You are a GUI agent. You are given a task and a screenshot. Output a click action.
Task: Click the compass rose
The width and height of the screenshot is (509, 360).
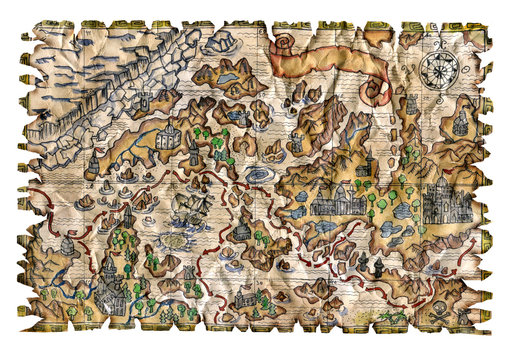(x=439, y=69)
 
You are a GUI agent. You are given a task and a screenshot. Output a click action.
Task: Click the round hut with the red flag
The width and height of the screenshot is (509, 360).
(x=69, y=244)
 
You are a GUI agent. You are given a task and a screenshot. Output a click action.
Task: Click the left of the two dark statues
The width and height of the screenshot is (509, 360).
(x=376, y=268)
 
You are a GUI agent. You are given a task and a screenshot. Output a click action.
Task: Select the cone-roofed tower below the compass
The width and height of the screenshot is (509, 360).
(x=461, y=124)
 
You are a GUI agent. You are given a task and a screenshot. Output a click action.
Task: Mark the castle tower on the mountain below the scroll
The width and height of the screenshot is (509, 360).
(x=296, y=141)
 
